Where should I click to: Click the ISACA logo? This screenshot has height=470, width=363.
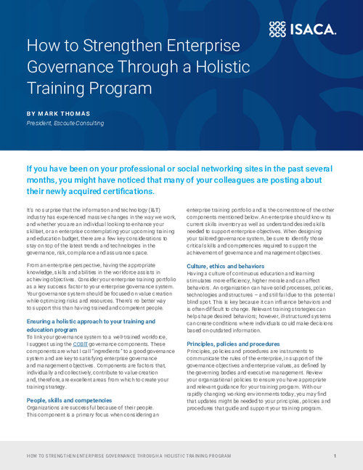(302, 28)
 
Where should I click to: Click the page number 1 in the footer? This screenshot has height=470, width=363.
(335, 455)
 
